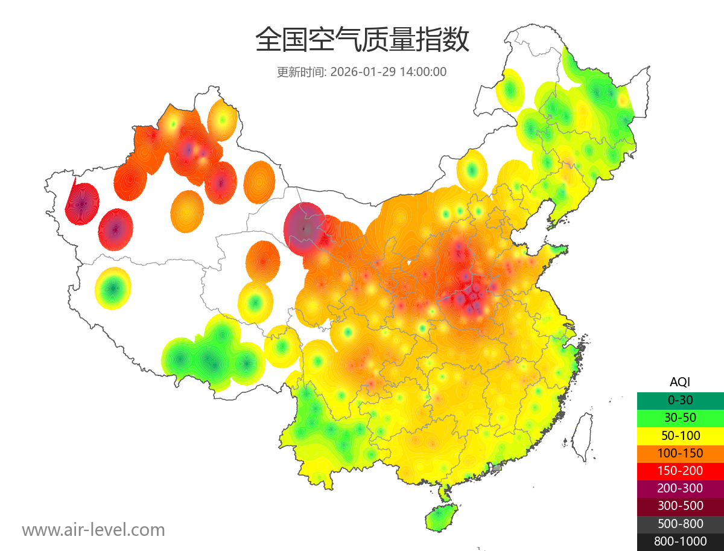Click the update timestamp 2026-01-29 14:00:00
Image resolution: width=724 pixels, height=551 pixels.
389,72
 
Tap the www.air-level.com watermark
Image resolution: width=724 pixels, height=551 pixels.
94,530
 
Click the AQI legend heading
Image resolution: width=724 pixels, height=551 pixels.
680,382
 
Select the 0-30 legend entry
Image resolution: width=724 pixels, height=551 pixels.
680,400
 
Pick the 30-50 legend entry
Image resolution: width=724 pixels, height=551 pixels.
680,418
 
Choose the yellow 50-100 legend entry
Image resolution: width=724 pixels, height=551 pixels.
680,435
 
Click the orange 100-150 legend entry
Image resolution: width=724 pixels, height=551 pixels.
680,453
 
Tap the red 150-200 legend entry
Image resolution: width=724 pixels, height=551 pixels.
680,470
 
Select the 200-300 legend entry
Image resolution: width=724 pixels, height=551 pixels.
680,488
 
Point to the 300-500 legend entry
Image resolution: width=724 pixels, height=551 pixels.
680,506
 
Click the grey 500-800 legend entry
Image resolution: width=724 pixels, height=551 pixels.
680,523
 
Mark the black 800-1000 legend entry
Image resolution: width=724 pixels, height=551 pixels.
680,541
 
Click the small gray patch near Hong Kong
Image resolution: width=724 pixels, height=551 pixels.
497,468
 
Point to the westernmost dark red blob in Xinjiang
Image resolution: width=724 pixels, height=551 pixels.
83,203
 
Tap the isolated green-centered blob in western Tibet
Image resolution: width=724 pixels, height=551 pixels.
113,288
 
